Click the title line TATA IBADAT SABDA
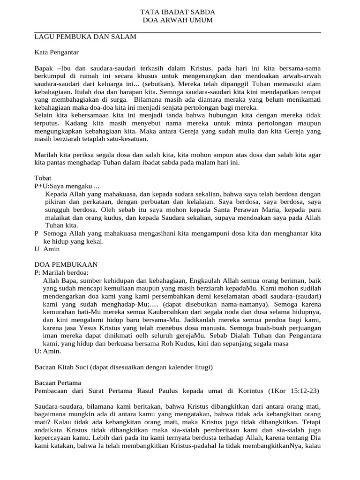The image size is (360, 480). (178, 12)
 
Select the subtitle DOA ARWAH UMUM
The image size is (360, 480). (178, 20)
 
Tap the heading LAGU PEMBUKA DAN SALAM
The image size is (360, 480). (86, 37)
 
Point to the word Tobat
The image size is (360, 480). (43, 178)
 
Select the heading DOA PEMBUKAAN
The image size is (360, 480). (66, 265)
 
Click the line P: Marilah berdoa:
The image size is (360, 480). (61, 272)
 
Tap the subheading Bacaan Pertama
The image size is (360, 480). (58, 382)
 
